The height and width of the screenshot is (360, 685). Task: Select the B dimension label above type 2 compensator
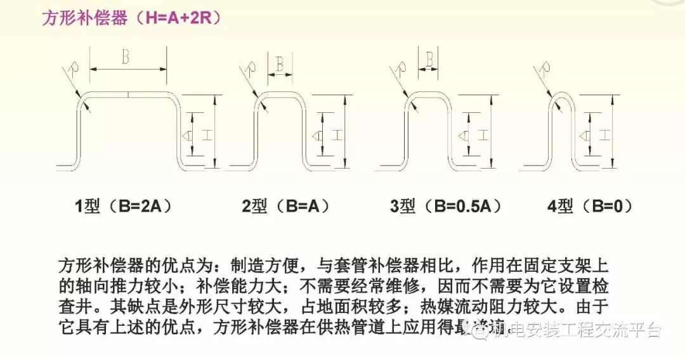click(279, 63)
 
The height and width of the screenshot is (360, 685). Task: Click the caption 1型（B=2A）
click(124, 206)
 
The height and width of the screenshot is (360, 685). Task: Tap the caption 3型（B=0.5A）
click(447, 206)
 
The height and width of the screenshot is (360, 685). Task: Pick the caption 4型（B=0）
click(590, 206)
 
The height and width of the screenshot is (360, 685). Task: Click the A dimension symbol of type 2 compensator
click(316, 134)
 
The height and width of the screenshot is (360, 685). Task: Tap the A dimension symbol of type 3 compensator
click(465, 134)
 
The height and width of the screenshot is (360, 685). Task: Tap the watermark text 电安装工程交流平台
click(584, 330)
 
